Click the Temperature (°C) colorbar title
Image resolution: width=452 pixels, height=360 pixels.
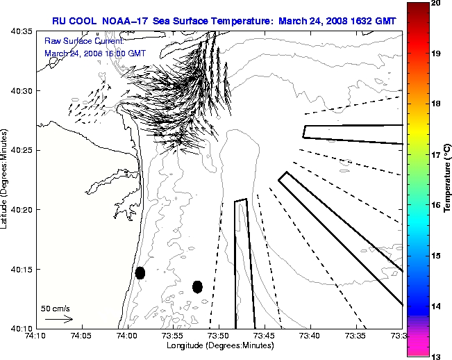[x=448, y=179]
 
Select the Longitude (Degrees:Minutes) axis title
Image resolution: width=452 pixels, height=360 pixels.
[x=218, y=345]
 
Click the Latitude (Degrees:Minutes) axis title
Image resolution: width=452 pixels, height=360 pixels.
[x=5, y=179]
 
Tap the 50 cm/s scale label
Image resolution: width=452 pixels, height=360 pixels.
[x=56, y=308]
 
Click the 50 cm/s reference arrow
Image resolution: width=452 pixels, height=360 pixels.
[x=59, y=319]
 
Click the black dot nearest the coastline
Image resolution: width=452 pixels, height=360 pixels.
[x=140, y=272]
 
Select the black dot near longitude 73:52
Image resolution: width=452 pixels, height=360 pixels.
[x=197, y=286]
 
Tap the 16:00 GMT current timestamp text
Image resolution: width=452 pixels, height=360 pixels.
[x=125, y=53]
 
